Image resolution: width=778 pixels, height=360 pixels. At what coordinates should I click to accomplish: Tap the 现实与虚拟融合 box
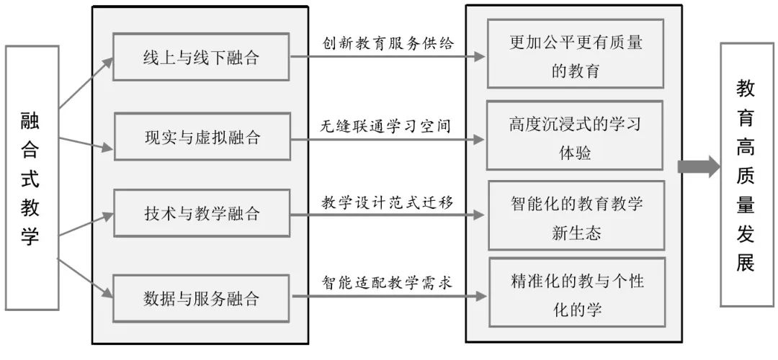(x=201, y=137)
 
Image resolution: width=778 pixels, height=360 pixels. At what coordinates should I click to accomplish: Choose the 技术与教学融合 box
(x=201, y=214)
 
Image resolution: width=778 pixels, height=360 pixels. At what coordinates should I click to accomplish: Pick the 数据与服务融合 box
(x=201, y=297)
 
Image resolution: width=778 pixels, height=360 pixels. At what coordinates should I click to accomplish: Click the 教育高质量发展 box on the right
(x=746, y=175)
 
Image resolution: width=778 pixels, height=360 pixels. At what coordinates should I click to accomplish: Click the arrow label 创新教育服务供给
(x=388, y=43)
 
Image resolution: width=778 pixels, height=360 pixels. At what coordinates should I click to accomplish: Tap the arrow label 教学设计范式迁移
(x=388, y=202)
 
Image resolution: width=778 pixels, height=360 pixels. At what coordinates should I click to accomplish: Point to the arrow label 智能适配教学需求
(x=387, y=282)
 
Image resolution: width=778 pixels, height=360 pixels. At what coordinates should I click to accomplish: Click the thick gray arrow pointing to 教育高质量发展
(x=698, y=166)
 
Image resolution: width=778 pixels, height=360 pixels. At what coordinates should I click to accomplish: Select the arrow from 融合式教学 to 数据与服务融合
(x=85, y=277)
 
